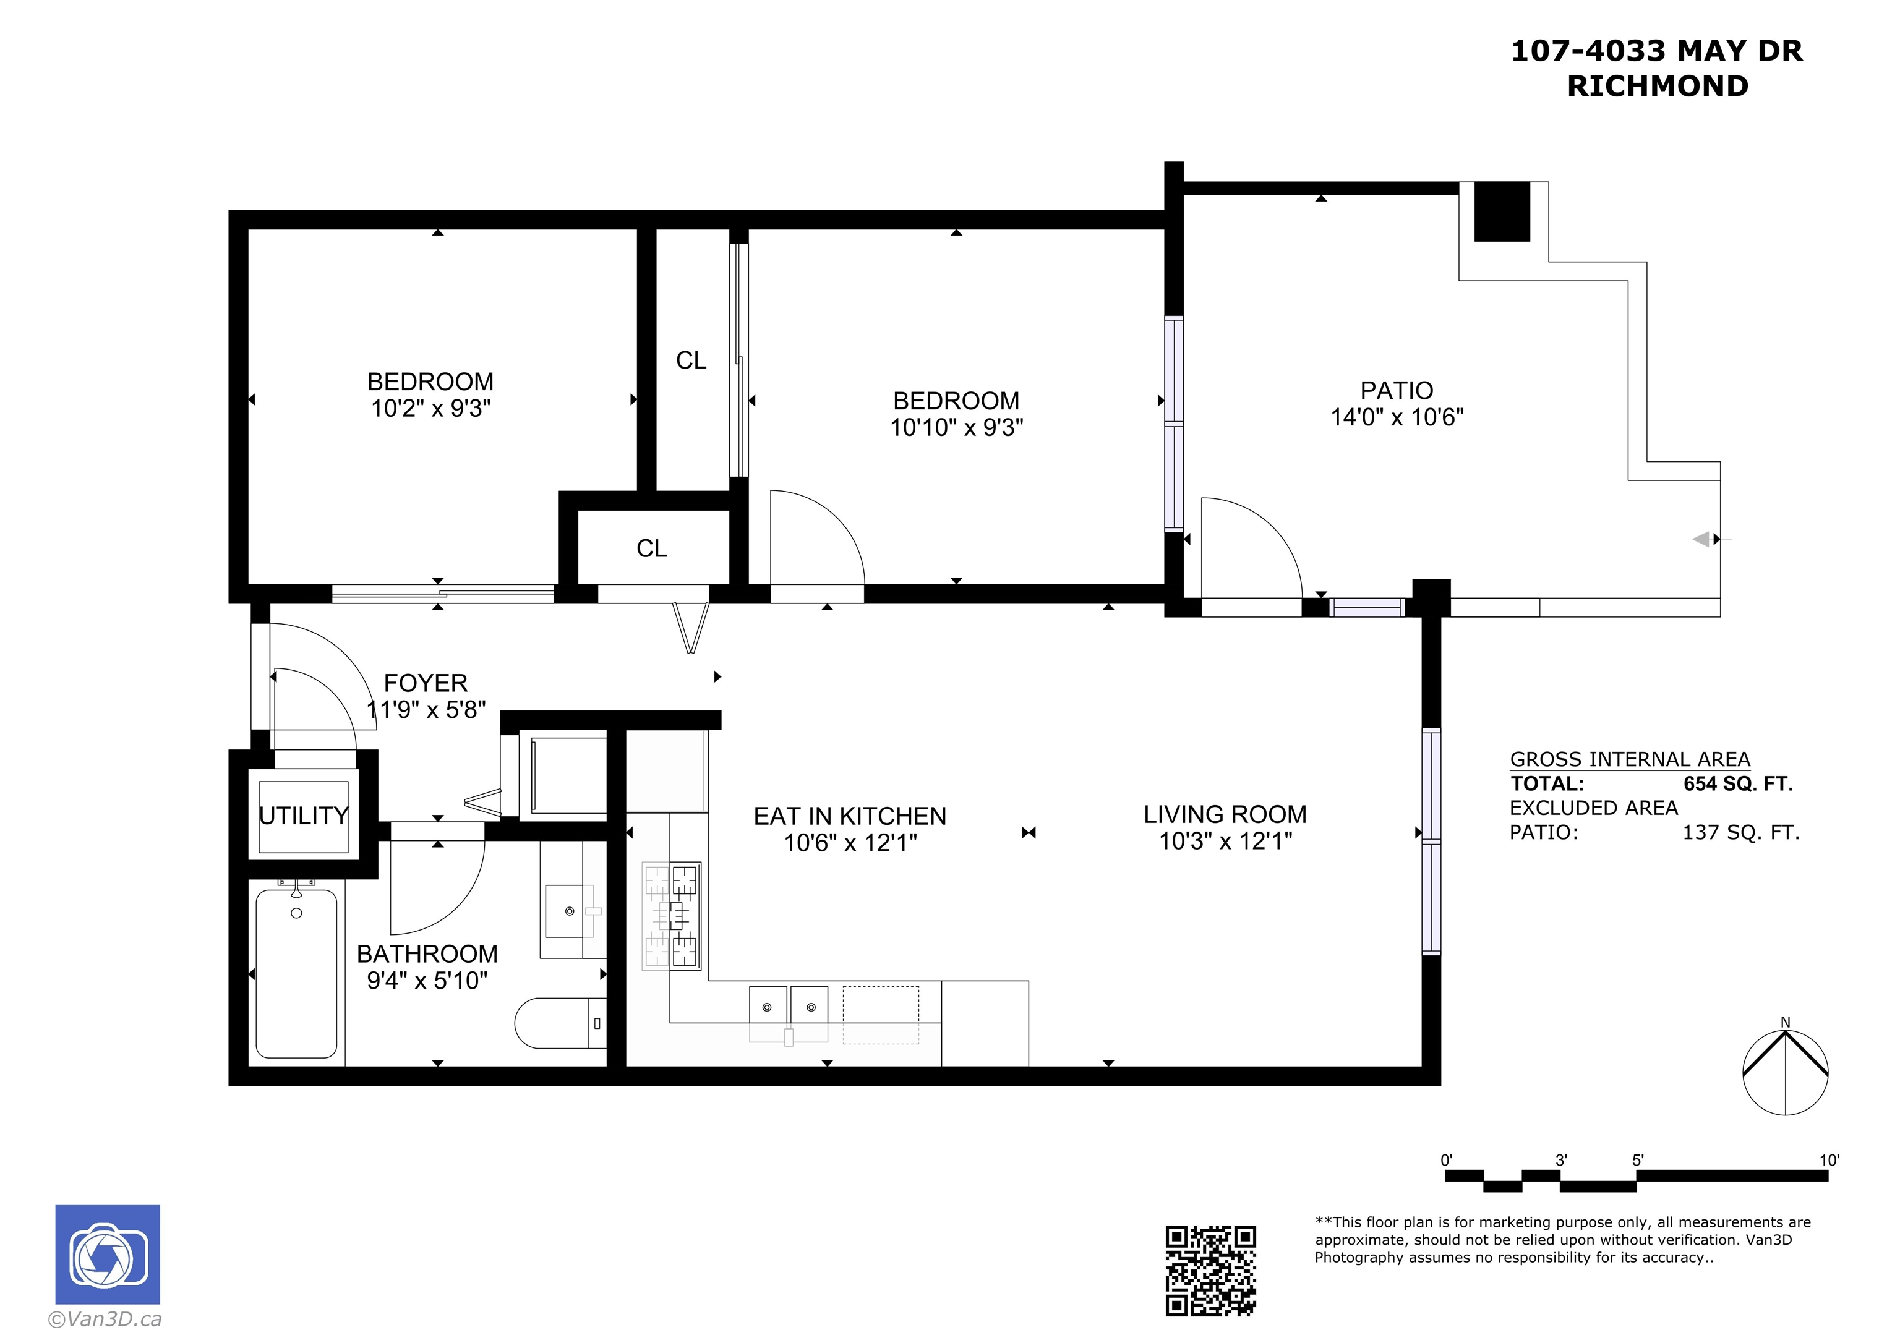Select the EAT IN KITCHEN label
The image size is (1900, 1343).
tap(850, 816)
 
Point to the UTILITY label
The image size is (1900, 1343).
tap(304, 816)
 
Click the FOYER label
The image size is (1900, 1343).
tap(426, 683)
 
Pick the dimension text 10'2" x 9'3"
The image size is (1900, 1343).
tap(431, 408)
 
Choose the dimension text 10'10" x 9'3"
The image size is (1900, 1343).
tap(957, 427)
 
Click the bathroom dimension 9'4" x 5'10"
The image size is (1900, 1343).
tap(427, 980)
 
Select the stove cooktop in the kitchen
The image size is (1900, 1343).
tap(671, 916)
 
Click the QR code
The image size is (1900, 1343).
tap(1210, 1270)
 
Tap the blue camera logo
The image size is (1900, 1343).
tap(108, 1255)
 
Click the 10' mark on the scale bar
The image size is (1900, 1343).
tap(1829, 1160)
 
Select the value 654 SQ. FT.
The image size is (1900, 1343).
tap(1738, 783)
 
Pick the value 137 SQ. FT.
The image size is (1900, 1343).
tap(1741, 832)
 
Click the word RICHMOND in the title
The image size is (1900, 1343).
tap(1658, 86)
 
